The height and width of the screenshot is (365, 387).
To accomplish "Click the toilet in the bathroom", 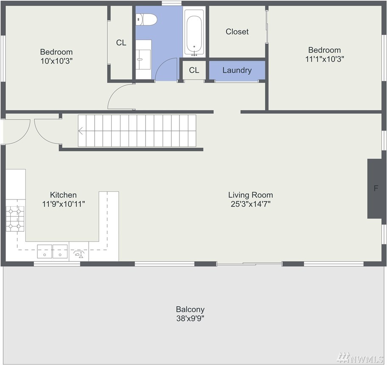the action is pos(146,19).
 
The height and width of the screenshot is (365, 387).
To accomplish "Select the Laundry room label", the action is pos(237,70).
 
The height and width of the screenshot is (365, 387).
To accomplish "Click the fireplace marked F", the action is pos(376,188).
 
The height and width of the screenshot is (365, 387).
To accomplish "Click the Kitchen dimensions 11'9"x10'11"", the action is pos(64,204).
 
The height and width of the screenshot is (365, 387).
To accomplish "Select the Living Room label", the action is pos(250,195).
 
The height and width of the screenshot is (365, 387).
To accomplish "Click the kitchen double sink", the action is pos(52,251).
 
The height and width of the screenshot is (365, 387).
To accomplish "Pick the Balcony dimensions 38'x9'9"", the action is pos(190,318).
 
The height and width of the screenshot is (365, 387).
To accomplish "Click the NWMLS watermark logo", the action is pos(360,357).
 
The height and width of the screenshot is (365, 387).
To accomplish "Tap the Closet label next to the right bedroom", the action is pos(237,31).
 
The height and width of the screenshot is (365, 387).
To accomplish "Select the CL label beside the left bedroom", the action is pos(121,43).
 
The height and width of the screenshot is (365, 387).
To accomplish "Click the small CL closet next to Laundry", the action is pos(194,70).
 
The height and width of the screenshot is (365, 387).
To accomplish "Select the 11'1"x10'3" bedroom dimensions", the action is pos(325,59).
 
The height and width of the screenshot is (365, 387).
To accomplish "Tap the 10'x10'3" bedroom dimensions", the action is pos(56,61).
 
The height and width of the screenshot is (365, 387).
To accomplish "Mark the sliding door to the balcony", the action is pos(249,264).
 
